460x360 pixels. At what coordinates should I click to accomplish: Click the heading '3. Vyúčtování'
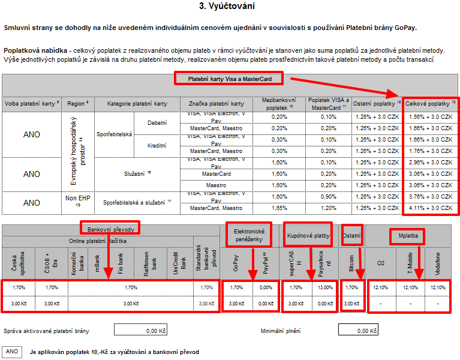pyautogui.click(x=230, y=7)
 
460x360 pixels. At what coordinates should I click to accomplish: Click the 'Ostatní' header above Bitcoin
pyautogui.click(x=351, y=235)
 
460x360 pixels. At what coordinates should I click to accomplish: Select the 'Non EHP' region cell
pyautogui.click(x=78, y=200)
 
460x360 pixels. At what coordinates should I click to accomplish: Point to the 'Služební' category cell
pyautogui.click(x=138, y=174)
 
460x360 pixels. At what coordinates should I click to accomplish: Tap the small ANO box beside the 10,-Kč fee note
pyautogui.click(x=12, y=352)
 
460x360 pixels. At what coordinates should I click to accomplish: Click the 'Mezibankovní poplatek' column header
pyautogui.click(x=279, y=103)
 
